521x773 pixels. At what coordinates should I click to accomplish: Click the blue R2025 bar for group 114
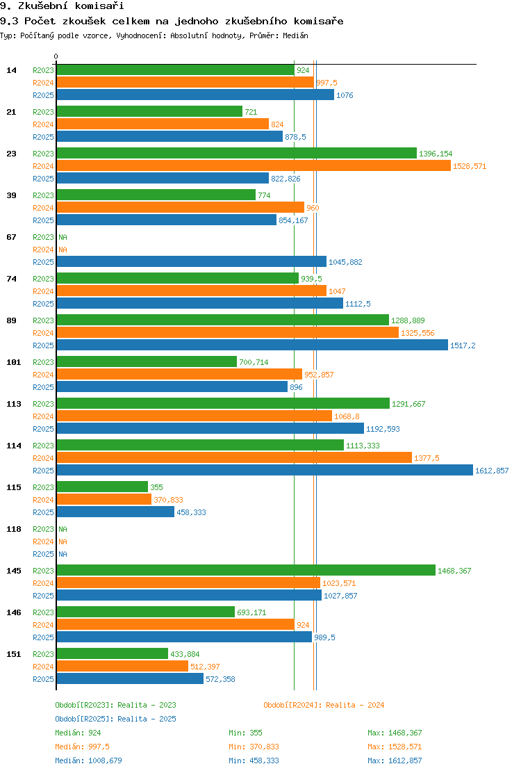tap(265, 471)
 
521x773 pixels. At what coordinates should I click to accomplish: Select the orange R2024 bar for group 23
tap(254, 166)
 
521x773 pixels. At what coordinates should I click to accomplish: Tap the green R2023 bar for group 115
tap(102, 487)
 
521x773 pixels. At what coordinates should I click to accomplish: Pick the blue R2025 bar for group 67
tap(192, 262)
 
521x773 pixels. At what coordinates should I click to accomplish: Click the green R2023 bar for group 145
tap(246, 571)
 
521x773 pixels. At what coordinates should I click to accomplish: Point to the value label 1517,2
tap(463, 345)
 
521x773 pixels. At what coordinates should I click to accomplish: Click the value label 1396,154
tap(436, 154)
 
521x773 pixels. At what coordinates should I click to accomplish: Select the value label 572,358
tap(221, 679)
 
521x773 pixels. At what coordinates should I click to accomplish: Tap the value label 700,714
tap(254, 362)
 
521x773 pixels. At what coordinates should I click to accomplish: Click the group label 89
tap(11, 320)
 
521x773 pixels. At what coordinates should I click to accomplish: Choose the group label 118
tap(14, 529)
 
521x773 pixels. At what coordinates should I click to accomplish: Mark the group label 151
tap(14, 654)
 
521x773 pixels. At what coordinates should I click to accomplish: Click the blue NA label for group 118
tap(63, 554)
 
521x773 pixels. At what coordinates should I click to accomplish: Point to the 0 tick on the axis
tap(56, 57)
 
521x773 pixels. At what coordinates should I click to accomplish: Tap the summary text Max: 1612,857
tap(395, 760)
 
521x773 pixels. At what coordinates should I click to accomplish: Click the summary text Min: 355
tap(246, 733)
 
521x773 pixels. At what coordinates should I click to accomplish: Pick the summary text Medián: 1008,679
tap(89, 760)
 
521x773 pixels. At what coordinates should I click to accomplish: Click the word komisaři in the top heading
tap(99, 6)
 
